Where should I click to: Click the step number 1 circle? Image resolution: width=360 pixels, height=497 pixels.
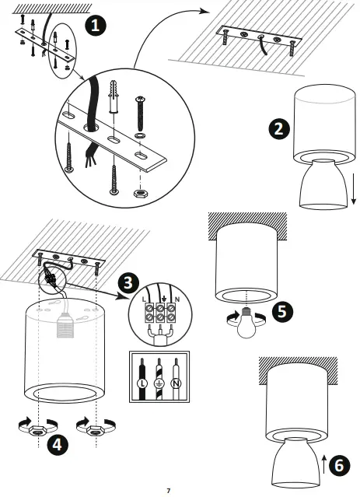click(95, 26)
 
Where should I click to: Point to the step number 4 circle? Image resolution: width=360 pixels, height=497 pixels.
click(56, 444)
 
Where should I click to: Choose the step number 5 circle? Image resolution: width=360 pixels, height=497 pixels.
click(283, 312)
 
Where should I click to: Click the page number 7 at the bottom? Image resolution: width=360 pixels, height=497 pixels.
click(168, 490)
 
